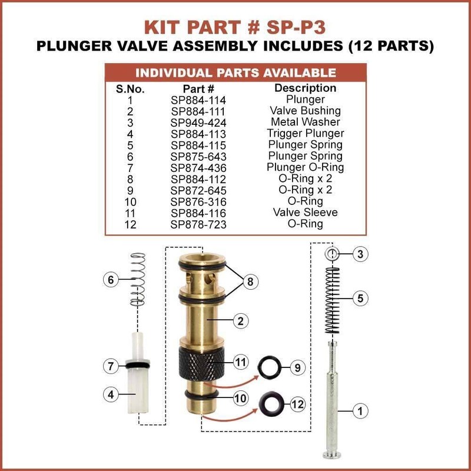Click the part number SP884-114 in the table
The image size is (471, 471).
click(x=198, y=99)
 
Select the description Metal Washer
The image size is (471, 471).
click(x=305, y=122)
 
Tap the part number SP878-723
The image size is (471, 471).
click(x=198, y=224)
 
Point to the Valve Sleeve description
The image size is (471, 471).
click(x=305, y=213)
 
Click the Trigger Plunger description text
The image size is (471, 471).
click(x=305, y=133)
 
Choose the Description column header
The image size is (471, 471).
click(x=305, y=88)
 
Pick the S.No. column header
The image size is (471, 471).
click(x=130, y=89)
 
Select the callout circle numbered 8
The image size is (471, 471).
click(x=250, y=282)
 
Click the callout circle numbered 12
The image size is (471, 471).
click(x=298, y=404)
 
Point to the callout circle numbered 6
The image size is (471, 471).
click(x=108, y=280)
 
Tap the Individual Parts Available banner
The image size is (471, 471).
click(x=235, y=73)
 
